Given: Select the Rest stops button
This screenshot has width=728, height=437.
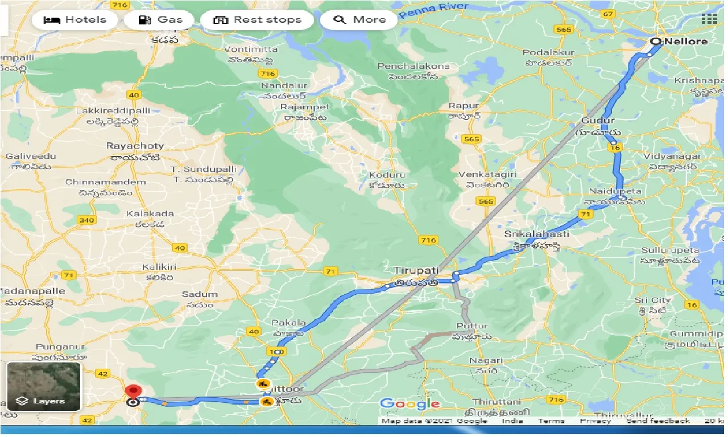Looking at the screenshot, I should [257, 20].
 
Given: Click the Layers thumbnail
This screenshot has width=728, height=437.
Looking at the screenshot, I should [43, 386].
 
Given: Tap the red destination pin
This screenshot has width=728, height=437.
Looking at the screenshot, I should [133, 392].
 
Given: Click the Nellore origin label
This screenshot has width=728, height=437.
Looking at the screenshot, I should [686, 41].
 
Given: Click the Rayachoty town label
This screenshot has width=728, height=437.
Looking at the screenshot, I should [135, 146].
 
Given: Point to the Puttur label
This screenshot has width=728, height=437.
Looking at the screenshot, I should [472, 326].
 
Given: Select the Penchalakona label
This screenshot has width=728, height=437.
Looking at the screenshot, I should [413, 66].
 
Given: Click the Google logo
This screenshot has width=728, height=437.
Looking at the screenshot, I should [409, 404].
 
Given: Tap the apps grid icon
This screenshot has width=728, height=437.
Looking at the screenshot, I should [709, 19].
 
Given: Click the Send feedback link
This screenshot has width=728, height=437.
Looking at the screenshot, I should [657, 421].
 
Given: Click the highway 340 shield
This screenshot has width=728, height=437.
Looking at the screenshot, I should [86, 220].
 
